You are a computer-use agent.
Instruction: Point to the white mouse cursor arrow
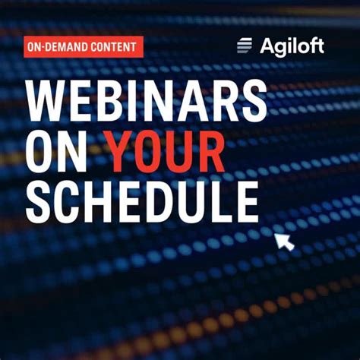(283, 242)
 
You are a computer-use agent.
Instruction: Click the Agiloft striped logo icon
(245, 46)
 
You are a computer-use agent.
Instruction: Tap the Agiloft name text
(292, 46)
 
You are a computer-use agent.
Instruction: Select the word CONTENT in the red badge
(112, 47)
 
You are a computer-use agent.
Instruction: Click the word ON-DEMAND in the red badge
(55, 47)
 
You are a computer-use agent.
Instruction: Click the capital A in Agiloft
(268, 46)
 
